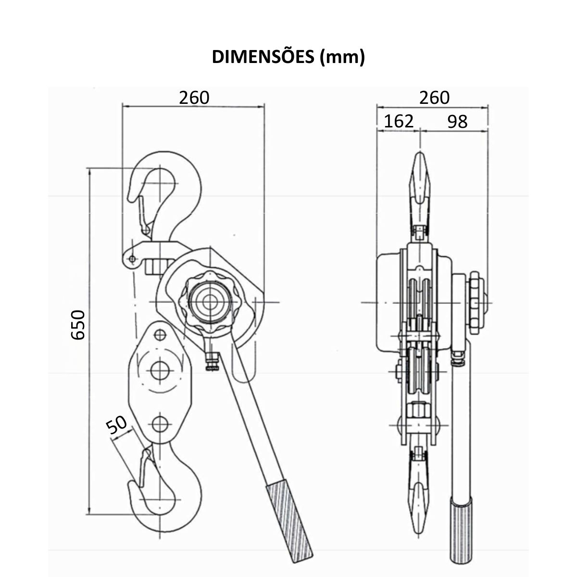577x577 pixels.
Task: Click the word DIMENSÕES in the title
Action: pyautogui.click(x=263, y=57)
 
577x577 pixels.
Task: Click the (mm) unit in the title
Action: pyautogui.click(x=342, y=57)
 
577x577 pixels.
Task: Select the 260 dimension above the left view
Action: pyautogui.click(x=194, y=98)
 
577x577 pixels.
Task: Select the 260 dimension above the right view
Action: pyautogui.click(x=434, y=98)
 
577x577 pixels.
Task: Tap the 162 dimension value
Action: pyautogui.click(x=399, y=121)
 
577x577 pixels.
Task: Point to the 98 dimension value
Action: pyautogui.click(x=457, y=122)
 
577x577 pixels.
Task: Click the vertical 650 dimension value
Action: pyautogui.click(x=78, y=325)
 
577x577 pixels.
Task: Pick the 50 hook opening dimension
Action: pyautogui.click(x=117, y=425)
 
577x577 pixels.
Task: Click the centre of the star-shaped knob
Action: pyautogui.click(x=209, y=302)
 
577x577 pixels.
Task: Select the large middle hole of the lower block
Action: pyautogui.click(x=159, y=370)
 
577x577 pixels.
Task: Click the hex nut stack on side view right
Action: pyautogui.click(x=476, y=303)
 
